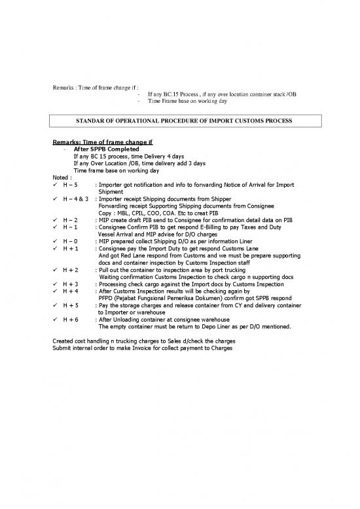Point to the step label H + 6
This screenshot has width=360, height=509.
pyautogui.click(x=71, y=319)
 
